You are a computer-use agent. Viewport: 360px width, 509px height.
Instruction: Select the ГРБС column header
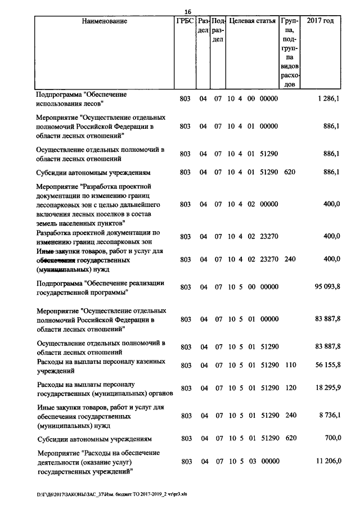[184, 21]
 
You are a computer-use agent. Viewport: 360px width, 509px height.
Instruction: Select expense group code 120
[290, 388]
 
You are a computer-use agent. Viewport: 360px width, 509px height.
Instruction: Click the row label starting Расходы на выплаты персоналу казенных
[100, 366]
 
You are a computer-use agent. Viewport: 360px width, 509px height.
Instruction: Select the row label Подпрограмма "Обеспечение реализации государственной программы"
[92, 287]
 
